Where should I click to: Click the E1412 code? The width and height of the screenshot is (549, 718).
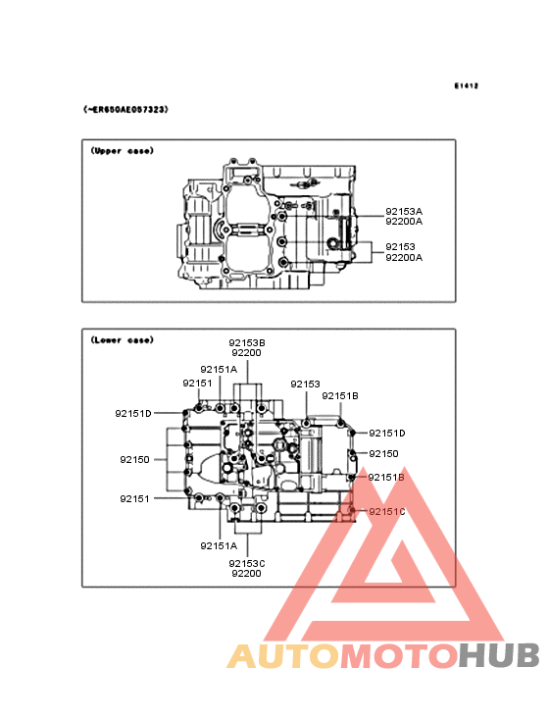[467, 85]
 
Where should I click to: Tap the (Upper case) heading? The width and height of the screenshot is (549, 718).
[123, 151]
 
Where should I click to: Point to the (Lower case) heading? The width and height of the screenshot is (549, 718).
[123, 339]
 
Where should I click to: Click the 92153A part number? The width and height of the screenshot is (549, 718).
[404, 212]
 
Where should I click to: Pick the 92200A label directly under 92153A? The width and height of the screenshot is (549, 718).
[404, 222]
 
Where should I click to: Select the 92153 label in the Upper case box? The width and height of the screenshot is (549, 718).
[400, 247]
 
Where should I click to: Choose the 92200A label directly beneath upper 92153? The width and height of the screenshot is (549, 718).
[404, 257]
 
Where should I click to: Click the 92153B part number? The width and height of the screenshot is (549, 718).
[247, 342]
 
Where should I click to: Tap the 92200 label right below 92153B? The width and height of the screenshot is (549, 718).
[247, 352]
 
